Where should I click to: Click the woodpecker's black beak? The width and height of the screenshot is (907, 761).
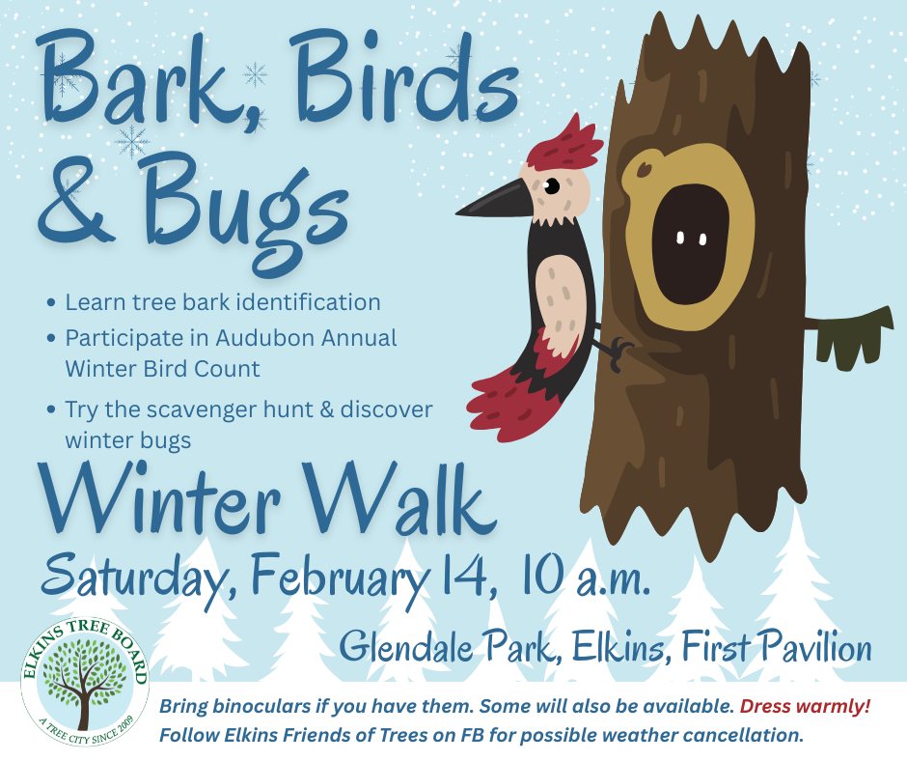click(492, 202)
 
